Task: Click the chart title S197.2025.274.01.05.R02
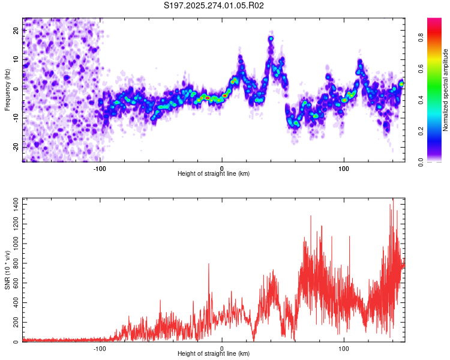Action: [x=214, y=5]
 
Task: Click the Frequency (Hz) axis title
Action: [x=7, y=90]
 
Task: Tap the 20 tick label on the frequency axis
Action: [x=16, y=31]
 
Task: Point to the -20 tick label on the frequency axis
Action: [x=16, y=148]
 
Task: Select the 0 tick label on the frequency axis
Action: [x=16, y=89]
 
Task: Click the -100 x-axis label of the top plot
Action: [x=100, y=169]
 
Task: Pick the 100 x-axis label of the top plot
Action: [x=344, y=169]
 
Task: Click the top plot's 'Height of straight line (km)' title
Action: [x=214, y=173]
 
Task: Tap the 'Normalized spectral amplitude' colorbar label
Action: [x=445, y=90]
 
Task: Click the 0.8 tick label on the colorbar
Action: [x=421, y=38]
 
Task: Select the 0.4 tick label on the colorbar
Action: [x=421, y=100]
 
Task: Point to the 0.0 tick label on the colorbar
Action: [x=421, y=163]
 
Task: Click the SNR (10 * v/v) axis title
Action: [x=7, y=270]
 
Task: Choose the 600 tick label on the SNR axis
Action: [x=16, y=283]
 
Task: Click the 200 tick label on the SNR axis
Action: [x=16, y=322]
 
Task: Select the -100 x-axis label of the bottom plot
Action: [x=100, y=349]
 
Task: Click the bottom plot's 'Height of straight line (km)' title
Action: [x=214, y=353]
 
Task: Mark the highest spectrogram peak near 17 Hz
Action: [x=271, y=38]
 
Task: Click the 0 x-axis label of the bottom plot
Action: [x=222, y=349]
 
